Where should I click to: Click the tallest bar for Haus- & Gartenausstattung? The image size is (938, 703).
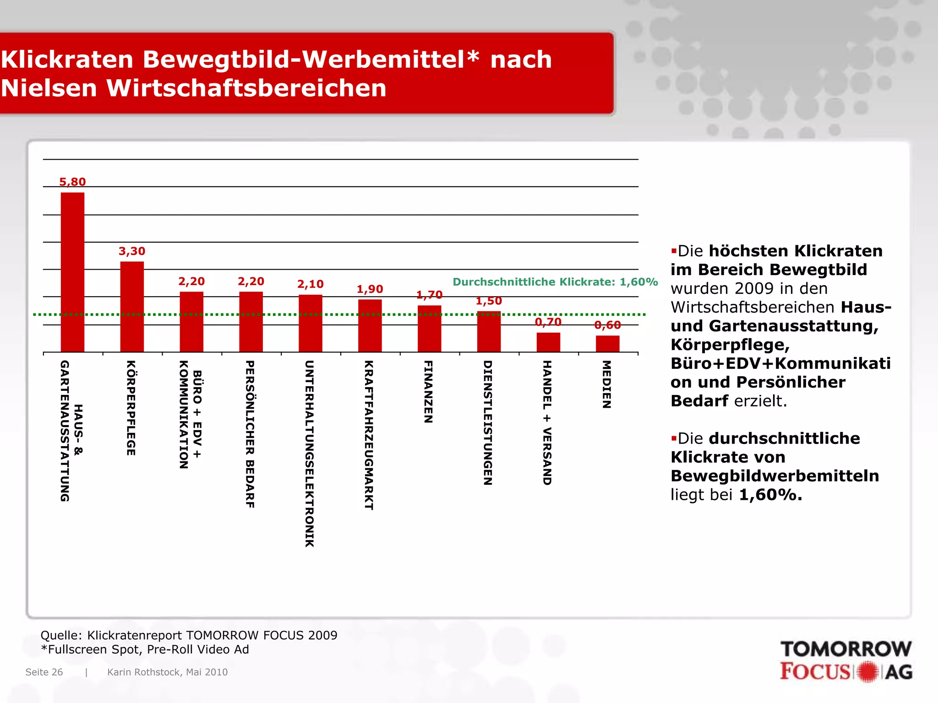tap(72, 272)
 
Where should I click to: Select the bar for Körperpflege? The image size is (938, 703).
tap(132, 307)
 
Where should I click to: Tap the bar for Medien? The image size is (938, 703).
tap(607, 344)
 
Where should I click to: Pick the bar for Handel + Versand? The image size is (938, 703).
tap(548, 342)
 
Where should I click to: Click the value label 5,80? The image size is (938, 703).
tap(72, 182)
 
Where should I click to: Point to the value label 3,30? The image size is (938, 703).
tap(132, 251)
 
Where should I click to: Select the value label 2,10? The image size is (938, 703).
tap(310, 284)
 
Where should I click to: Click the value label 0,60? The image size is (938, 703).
tap(607, 325)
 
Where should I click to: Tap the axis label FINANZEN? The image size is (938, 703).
tap(428, 392)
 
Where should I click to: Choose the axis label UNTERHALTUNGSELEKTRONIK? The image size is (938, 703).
tap(310, 454)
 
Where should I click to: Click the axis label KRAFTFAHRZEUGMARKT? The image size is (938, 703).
tap(369, 435)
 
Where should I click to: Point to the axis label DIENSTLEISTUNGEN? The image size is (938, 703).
tap(488, 422)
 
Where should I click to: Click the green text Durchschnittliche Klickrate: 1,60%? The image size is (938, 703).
tap(555, 282)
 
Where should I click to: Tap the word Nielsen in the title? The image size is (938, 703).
tap(49, 88)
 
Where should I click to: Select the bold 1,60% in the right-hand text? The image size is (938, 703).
tap(770, 495)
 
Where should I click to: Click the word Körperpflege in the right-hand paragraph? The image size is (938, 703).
tap(730, 345)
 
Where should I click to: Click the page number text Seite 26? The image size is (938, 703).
tap(44, 672)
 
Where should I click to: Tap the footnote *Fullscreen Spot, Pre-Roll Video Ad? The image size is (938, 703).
tap(145, 649)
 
